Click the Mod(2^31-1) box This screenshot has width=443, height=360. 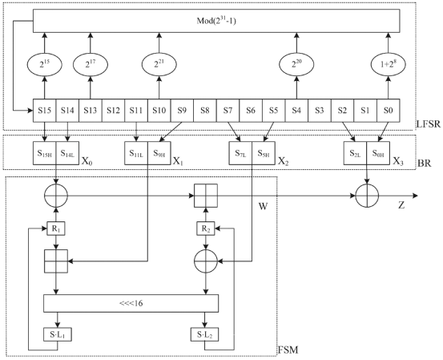coord(216,21)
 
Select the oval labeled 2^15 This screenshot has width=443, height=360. coord(44,64)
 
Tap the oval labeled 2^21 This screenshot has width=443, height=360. coord(159,64)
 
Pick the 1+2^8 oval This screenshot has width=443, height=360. coord(389,64)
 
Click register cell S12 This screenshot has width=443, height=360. coord(113,111)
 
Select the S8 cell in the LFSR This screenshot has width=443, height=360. coord(205,111)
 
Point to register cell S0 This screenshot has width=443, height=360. coord(389,111)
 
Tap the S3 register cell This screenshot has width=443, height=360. coord(320,111)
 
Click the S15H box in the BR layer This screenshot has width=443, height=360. coord(45,153)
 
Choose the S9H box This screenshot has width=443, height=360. coord(159,153)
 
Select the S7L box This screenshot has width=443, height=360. coord(240,153)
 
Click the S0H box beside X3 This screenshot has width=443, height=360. coord(378,153)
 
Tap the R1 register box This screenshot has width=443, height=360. coord(56,229)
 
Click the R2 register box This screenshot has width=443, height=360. coord(205,229)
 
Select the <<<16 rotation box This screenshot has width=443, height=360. coord(131,303)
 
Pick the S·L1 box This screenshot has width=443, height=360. coord(58,334)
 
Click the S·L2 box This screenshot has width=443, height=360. coord(205,334)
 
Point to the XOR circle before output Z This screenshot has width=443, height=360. coord(367,196)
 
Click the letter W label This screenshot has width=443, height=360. coord(263,207)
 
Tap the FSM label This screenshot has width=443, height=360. coord(288,350)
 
